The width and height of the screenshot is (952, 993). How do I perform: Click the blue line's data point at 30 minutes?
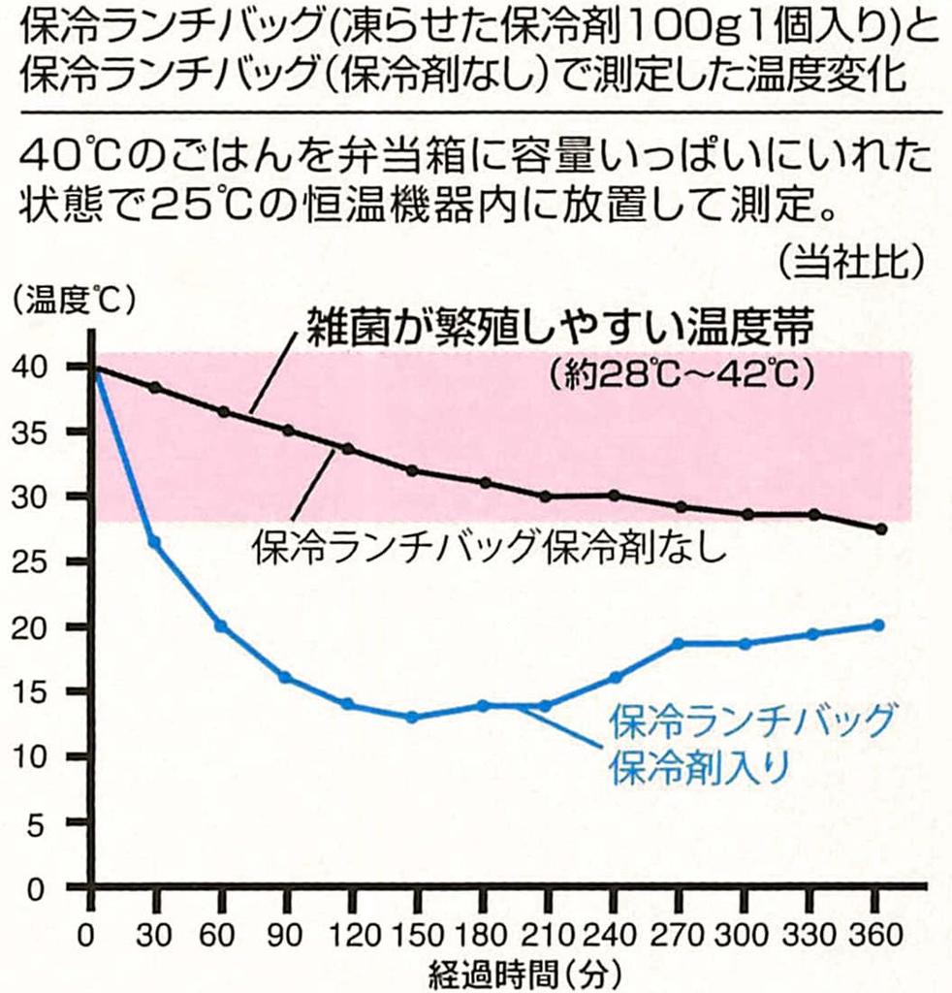pyautogui.click(x=154, y=542)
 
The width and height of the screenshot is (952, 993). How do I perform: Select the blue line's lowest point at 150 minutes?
pyautogui.click(x=412, y=718)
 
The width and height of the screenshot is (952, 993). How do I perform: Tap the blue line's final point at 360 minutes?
pyautogui.click(x=878, y=625)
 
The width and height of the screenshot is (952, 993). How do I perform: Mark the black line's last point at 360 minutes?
pyautogui.click(x=880, y=529)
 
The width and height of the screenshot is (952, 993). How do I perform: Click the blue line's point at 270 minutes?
pyautogui.click(x=678, y=644)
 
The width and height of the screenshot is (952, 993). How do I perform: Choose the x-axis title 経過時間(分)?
pyautogui.click(x=521, y=973)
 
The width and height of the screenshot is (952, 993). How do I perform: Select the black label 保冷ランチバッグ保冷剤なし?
pyautogui.click(x=489, y=548)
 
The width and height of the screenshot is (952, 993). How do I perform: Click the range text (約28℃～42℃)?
pyautogui.click(x=678, y=374)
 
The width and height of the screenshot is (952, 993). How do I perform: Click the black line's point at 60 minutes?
pyautogui.click(x=223, y=412)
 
